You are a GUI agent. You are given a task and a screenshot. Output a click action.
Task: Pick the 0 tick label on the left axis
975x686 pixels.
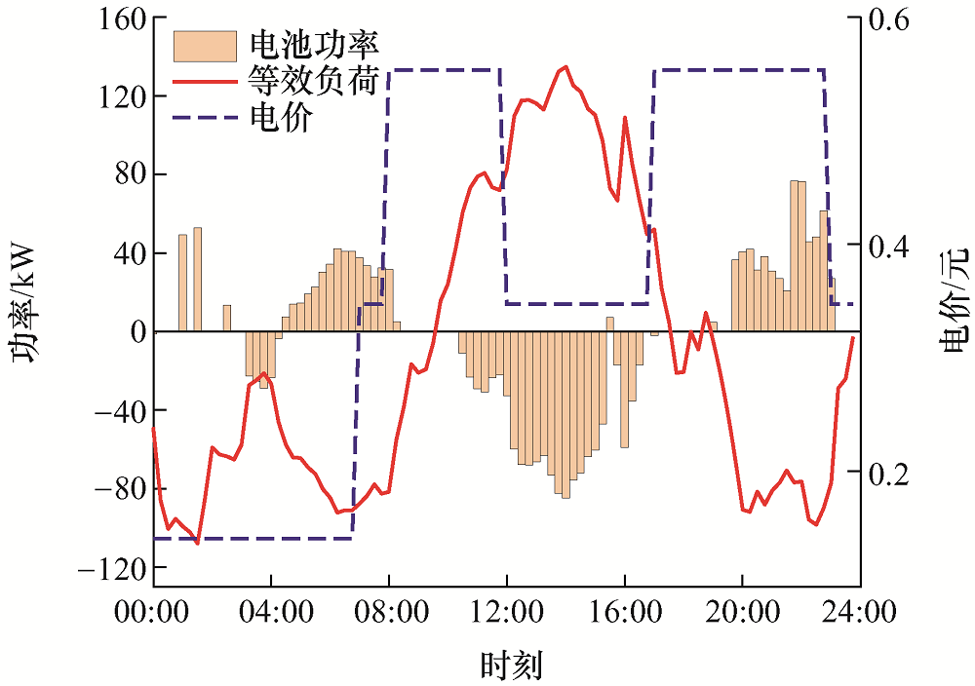(x=136, y=332)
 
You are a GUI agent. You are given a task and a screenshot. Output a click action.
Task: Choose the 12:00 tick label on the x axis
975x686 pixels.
(x=506, y=613)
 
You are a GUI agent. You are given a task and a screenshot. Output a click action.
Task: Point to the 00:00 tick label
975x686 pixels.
(x=154, y=613)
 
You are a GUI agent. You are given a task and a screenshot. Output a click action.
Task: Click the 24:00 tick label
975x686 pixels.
(x=858, y=613)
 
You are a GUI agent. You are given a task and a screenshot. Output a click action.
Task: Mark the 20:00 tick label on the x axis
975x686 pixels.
(x=741, y=613)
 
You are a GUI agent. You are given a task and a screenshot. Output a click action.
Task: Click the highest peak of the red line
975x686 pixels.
(x=566, y=66)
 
